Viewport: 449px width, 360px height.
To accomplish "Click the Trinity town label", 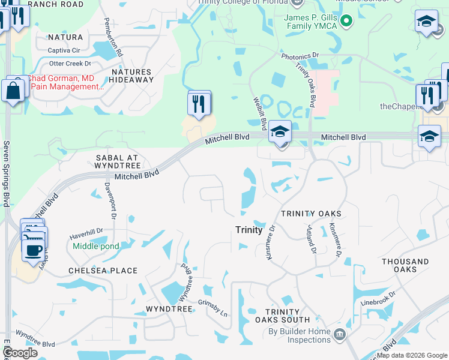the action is [249, 230].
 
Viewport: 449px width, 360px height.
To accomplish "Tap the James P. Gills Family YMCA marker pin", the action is [346, 22].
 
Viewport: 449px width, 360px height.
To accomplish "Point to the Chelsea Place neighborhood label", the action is [103, 271].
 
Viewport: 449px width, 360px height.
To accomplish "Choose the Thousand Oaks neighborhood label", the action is [405, 265].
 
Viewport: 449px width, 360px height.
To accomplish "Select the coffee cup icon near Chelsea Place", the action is [32, 249].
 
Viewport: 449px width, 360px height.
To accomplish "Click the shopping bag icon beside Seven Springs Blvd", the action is [13, 91].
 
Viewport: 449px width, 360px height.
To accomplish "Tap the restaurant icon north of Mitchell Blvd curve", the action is [199, 103].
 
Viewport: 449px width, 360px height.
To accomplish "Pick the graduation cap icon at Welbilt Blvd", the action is [280, 132].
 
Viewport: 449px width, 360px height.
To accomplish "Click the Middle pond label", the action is [95, 246].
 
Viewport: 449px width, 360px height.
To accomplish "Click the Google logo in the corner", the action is [20, 352].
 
